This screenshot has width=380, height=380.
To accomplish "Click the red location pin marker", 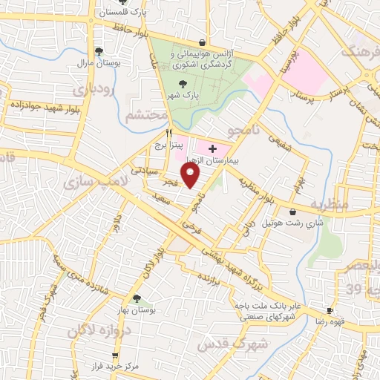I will point(191,175).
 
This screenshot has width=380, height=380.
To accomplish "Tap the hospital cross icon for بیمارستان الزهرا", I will point(213,148).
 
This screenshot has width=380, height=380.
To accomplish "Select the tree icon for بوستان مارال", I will point(98,50).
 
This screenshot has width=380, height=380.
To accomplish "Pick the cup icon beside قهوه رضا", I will point(330,309).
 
